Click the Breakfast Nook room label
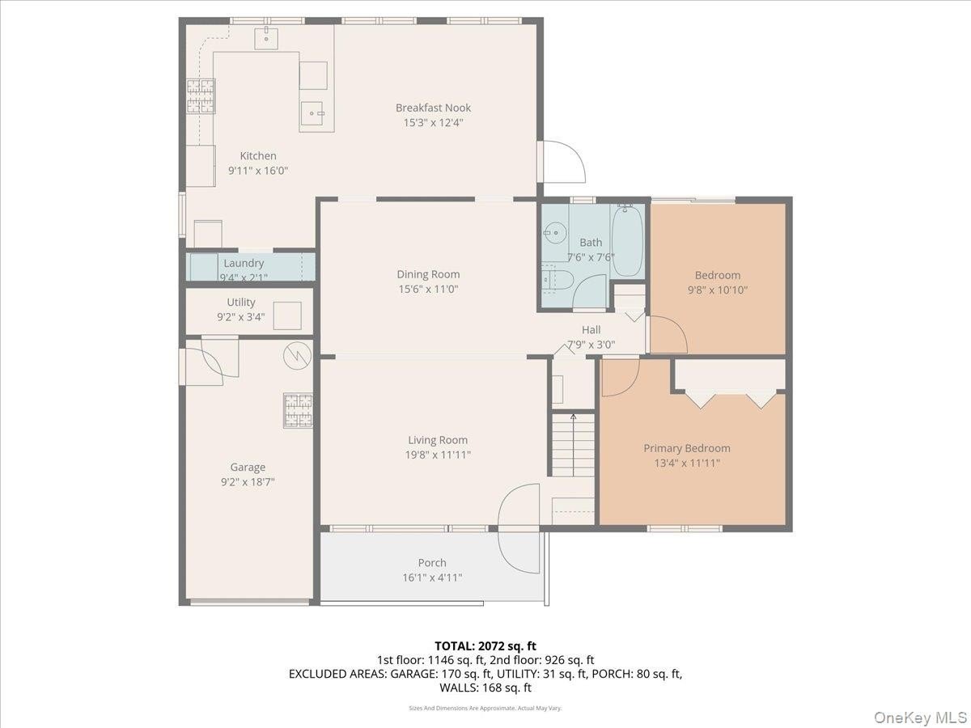click(433, 108)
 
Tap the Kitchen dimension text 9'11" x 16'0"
click(258, 170)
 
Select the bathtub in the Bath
click(627, 240)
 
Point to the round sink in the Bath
click(555, 231)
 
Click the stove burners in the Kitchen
click(201, 96)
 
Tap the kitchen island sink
click(312, 113)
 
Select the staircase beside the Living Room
click(573, 444)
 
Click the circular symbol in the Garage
click(297, 356)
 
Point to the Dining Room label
click(428, 274)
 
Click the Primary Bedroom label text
click(686, 448)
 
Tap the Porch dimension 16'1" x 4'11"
click(432, 578)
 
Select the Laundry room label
click(244, 263)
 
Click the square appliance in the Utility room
click(287, 315)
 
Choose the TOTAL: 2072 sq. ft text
click(485, 645)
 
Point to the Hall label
click(591, 329)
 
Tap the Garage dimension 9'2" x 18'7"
click(248, 481)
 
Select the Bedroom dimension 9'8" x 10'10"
click(717, 290)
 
